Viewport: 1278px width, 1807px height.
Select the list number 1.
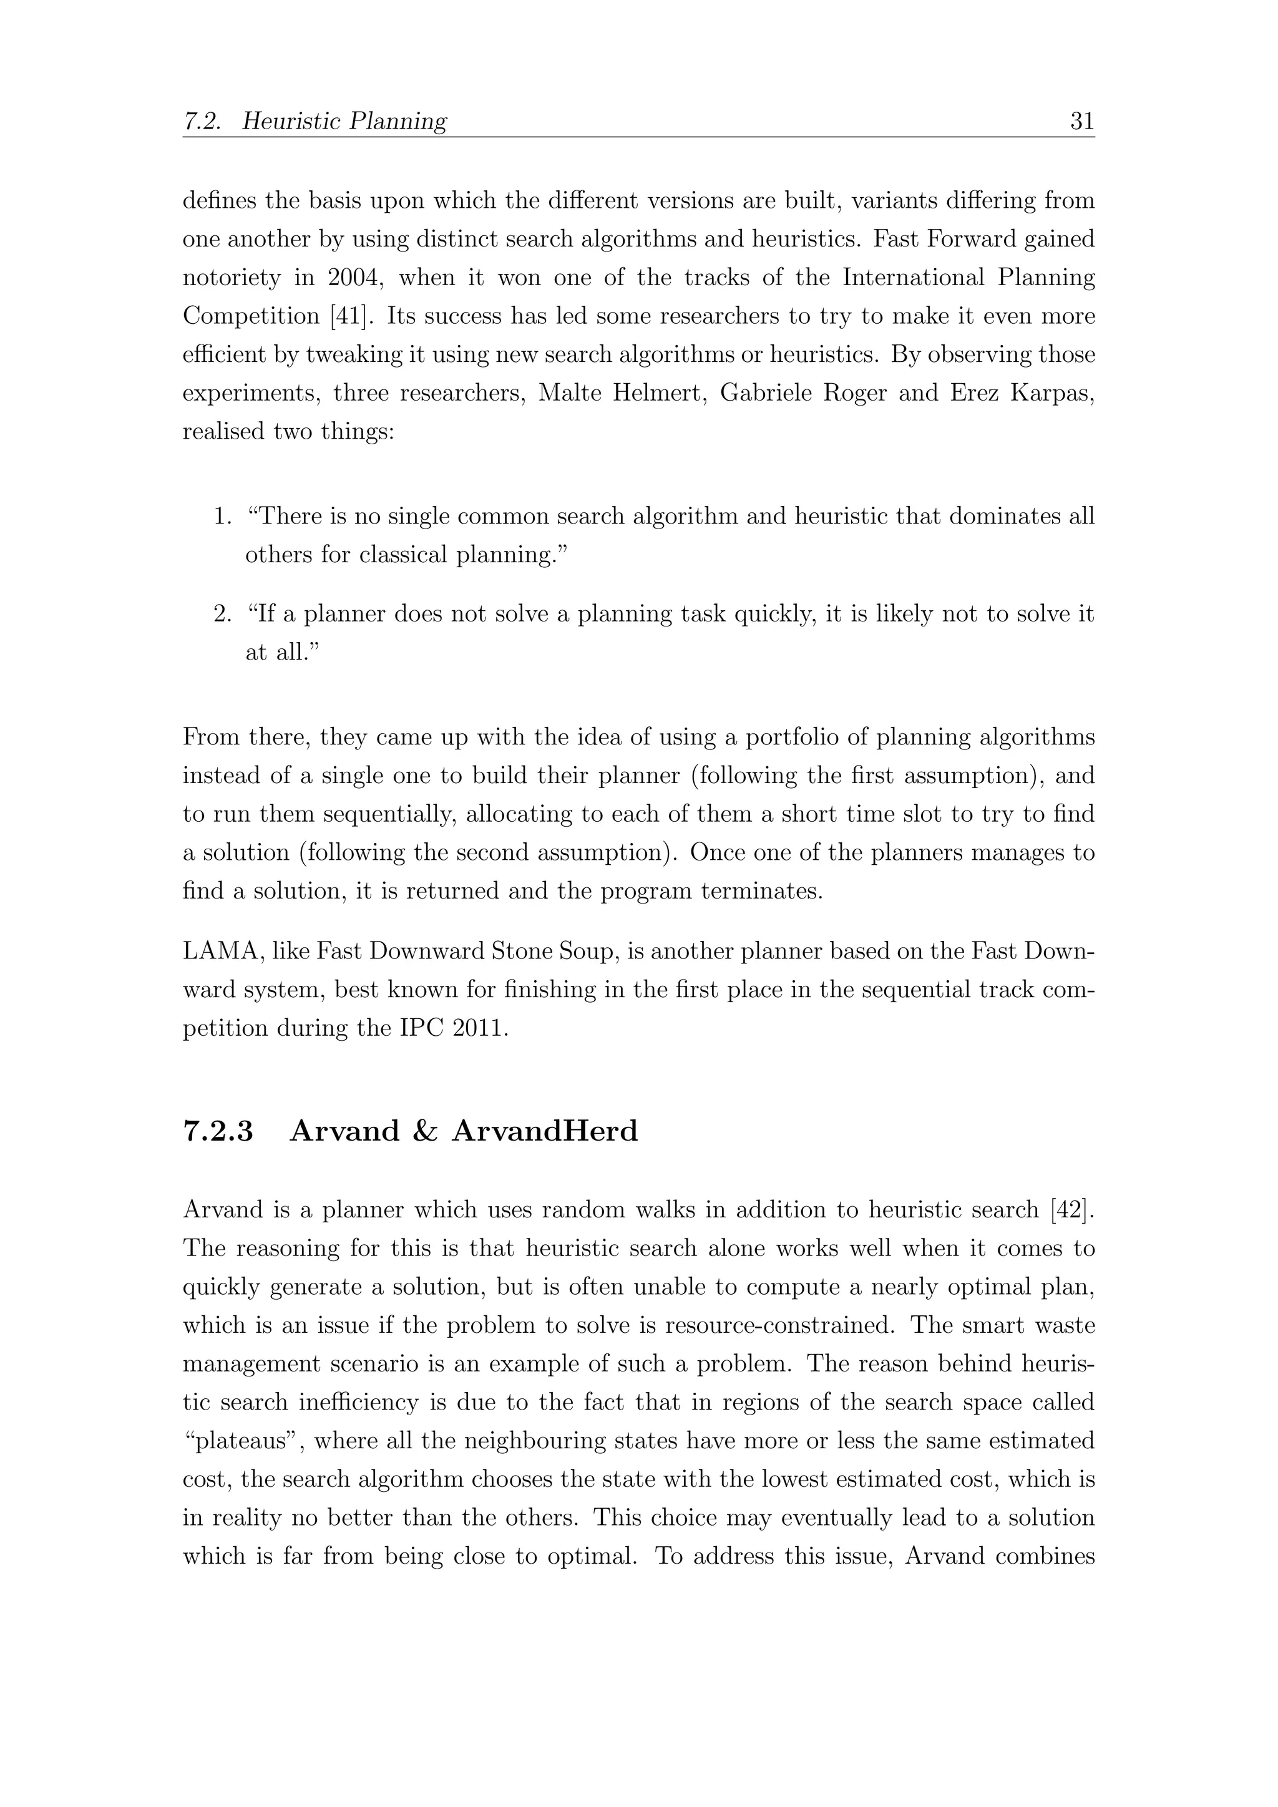coord(222,517)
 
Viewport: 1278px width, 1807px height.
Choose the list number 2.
coord(222,614)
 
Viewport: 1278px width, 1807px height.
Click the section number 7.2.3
coord(219,1131)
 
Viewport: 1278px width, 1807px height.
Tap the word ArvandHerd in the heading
coord(545,1131)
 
